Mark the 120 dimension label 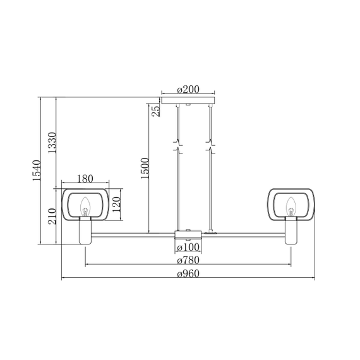click(x=116, y=203)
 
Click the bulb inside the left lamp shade click(x=85, y=205)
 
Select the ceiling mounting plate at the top click(x=187, y=100)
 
